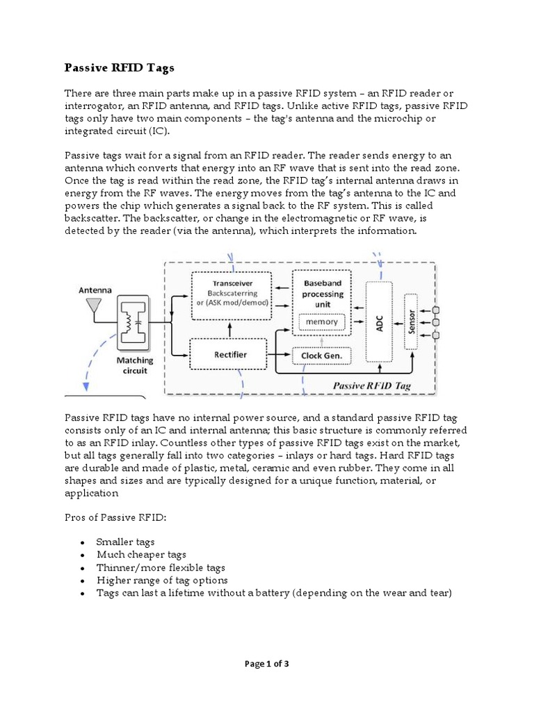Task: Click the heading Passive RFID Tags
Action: tap(120, 68)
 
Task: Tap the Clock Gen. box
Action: tap(322, 356)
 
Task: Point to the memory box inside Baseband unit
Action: tap(321, 321)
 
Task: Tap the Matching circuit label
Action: tap(133, 365)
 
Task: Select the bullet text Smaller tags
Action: tap(126, 542)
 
